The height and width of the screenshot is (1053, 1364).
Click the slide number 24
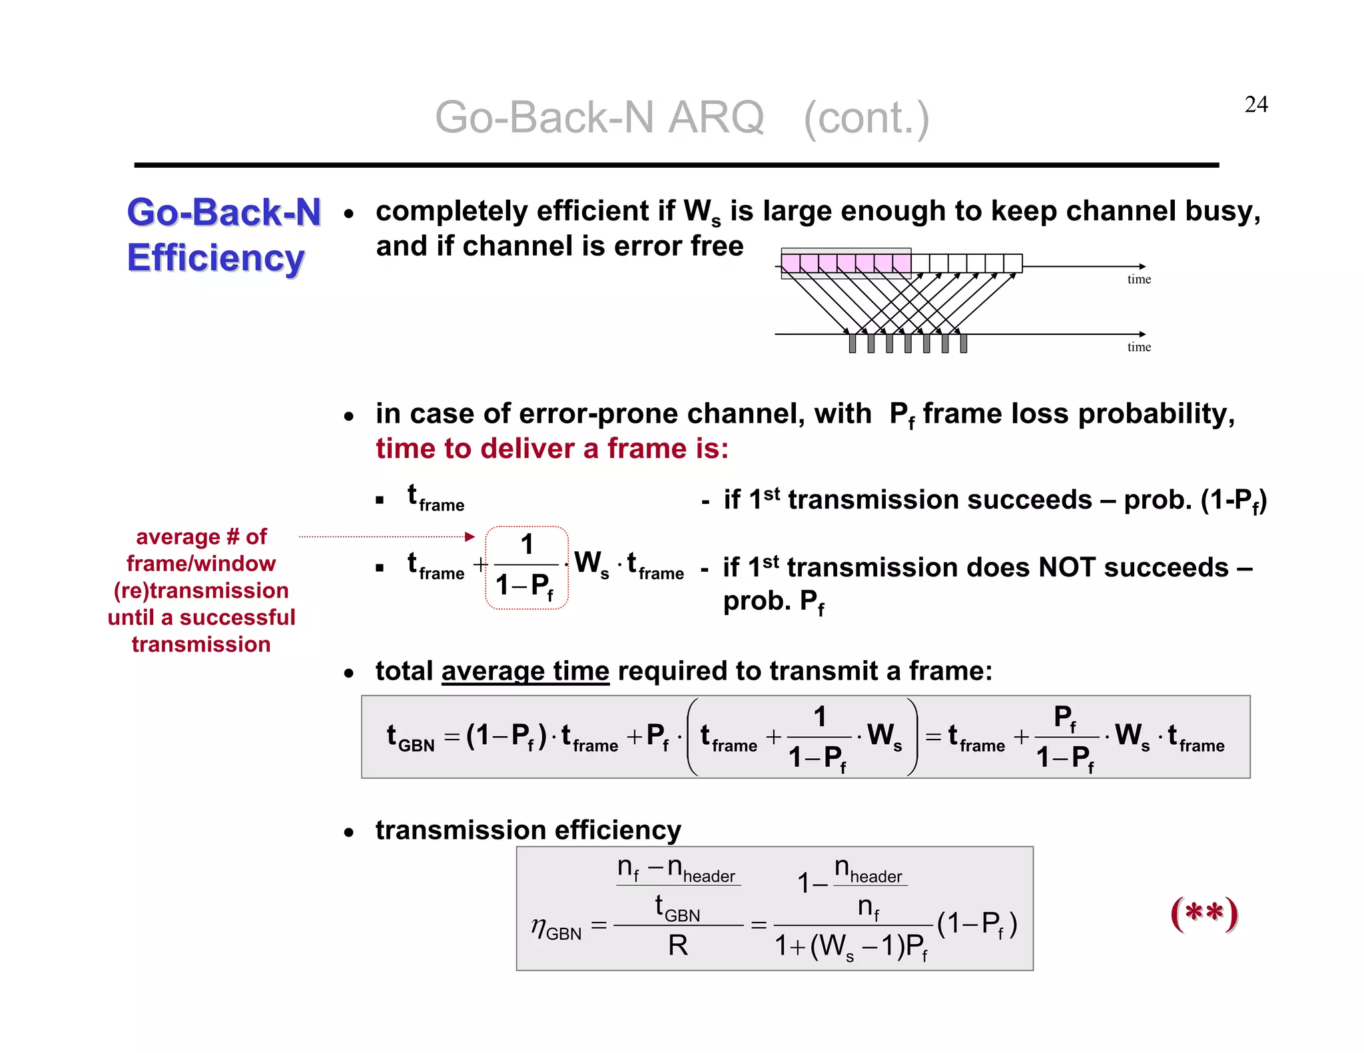coord(1255,105)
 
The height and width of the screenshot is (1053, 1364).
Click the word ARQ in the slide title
coord(715,118)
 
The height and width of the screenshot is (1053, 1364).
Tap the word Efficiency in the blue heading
coord(216,258)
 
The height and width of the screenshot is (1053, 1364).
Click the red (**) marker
coord(1204,913)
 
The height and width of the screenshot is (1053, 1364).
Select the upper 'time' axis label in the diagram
coord(1138,280)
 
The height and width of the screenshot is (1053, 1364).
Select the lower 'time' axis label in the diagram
coord(1138,347)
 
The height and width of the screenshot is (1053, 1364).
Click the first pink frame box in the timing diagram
coord(791,264)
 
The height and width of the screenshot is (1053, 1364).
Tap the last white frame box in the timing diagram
coord(1012,264)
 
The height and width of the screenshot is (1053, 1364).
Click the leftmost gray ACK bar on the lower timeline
coord(852,343)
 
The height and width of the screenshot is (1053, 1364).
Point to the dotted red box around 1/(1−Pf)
coord(526,568)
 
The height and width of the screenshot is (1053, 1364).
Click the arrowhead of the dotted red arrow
coord(470,536)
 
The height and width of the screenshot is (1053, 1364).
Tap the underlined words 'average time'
coord(525,671)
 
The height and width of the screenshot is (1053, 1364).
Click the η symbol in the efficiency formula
coord(538,925)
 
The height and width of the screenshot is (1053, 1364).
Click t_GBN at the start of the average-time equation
coord(410,737)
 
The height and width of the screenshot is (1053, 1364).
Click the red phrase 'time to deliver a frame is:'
coord(551,449)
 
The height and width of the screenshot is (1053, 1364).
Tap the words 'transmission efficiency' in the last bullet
coord(528,830)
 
